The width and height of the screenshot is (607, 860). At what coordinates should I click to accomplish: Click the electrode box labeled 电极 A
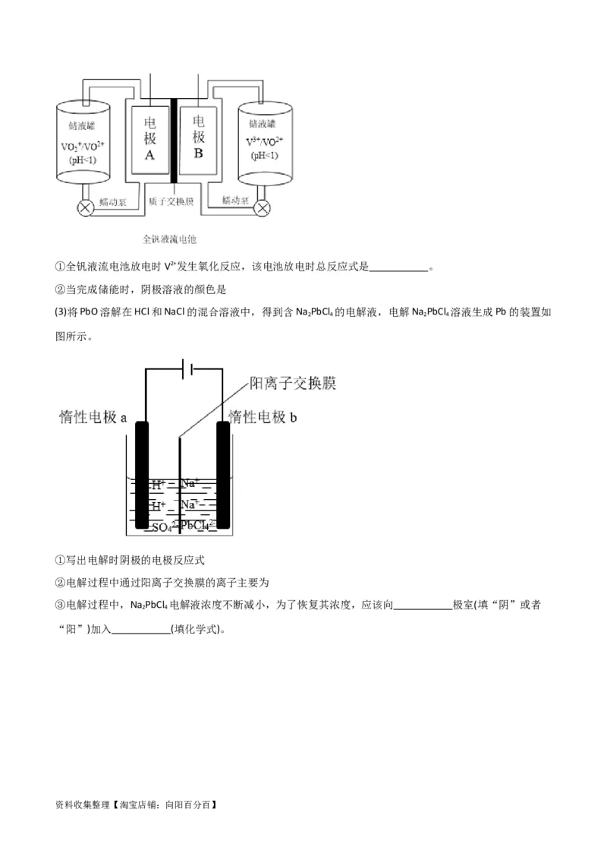click(149, 139)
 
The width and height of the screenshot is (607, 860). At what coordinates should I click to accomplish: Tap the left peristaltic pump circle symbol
click(86, 207)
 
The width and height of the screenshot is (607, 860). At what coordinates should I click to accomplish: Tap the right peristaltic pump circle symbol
click(263, 207)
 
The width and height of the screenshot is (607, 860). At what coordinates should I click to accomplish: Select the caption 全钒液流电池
click(170, 239)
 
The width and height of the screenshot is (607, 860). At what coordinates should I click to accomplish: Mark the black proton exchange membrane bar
click(174, 141)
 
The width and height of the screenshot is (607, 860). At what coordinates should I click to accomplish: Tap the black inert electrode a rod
click(141, 475)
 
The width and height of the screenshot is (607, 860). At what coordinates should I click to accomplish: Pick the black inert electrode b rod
click(223, 475)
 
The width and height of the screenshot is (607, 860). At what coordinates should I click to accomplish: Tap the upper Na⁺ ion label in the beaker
click(190, 483)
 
